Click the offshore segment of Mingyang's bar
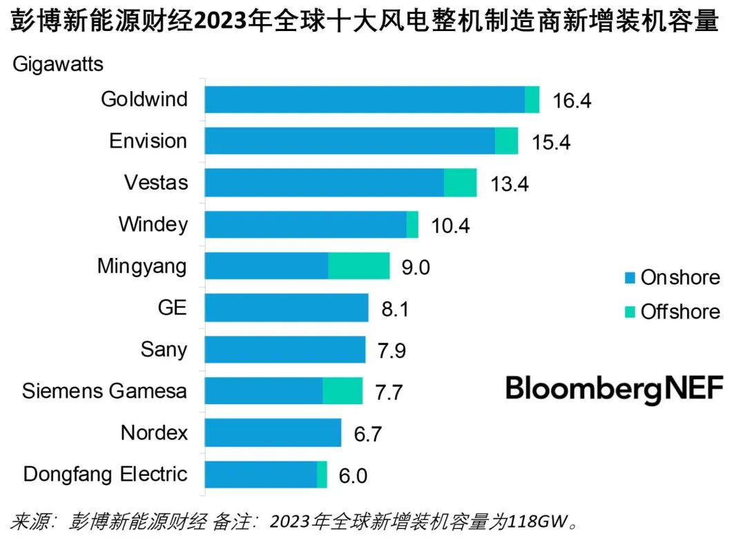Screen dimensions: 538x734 [359, 266]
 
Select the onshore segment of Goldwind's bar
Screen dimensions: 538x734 [365, 99]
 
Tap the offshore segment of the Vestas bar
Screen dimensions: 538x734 [460, 183]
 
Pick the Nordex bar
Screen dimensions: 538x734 [273, 433]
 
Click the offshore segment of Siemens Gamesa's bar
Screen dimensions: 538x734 [342, 391]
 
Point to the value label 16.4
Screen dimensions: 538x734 [572, 101]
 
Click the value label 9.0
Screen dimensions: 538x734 [416, 267]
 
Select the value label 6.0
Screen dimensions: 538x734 [353, 476]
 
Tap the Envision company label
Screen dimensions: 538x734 [148, 141]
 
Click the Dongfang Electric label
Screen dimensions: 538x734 [105, 475]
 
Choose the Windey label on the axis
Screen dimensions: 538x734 [153, 224]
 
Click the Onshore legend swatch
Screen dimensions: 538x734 [629, 278]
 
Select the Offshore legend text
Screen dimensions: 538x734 [679, 312]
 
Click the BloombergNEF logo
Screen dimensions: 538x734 [614, 389]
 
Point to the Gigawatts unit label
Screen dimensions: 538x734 [57, 65]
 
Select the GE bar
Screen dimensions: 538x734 [287, 308]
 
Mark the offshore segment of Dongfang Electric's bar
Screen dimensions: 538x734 [322, 475]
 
